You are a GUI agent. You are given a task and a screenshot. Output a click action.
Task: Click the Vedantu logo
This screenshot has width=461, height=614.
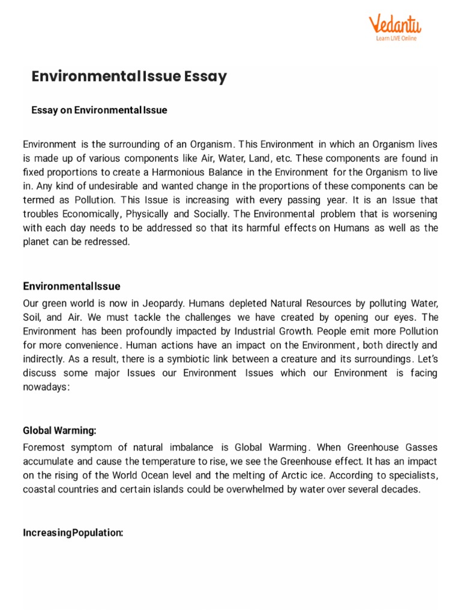[x=394, y=24]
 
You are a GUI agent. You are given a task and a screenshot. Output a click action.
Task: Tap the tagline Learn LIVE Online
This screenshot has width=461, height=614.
[x=396, y=38]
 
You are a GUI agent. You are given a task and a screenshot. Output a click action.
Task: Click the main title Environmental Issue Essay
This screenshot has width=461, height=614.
[x=129, y=77]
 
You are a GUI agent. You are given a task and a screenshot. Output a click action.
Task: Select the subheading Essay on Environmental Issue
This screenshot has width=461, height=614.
[x=99, y=110]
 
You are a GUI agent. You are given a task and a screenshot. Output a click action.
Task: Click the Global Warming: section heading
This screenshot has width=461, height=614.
[x=59, y=431]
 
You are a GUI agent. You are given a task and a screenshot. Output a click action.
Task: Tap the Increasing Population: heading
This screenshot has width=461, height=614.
[x=73, y=532]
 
